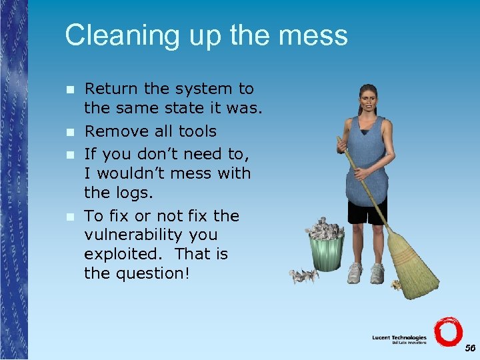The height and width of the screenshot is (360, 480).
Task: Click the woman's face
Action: tap(367, 100)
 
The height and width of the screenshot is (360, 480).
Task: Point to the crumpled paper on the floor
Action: tap(303, 275)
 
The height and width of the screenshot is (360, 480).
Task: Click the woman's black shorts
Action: tap(367, 211)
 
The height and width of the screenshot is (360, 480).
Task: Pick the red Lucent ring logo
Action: tap(447, 331)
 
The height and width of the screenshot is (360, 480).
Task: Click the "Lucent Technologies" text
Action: tap(399, 338)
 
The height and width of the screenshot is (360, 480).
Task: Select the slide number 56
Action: tap(470, 349)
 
